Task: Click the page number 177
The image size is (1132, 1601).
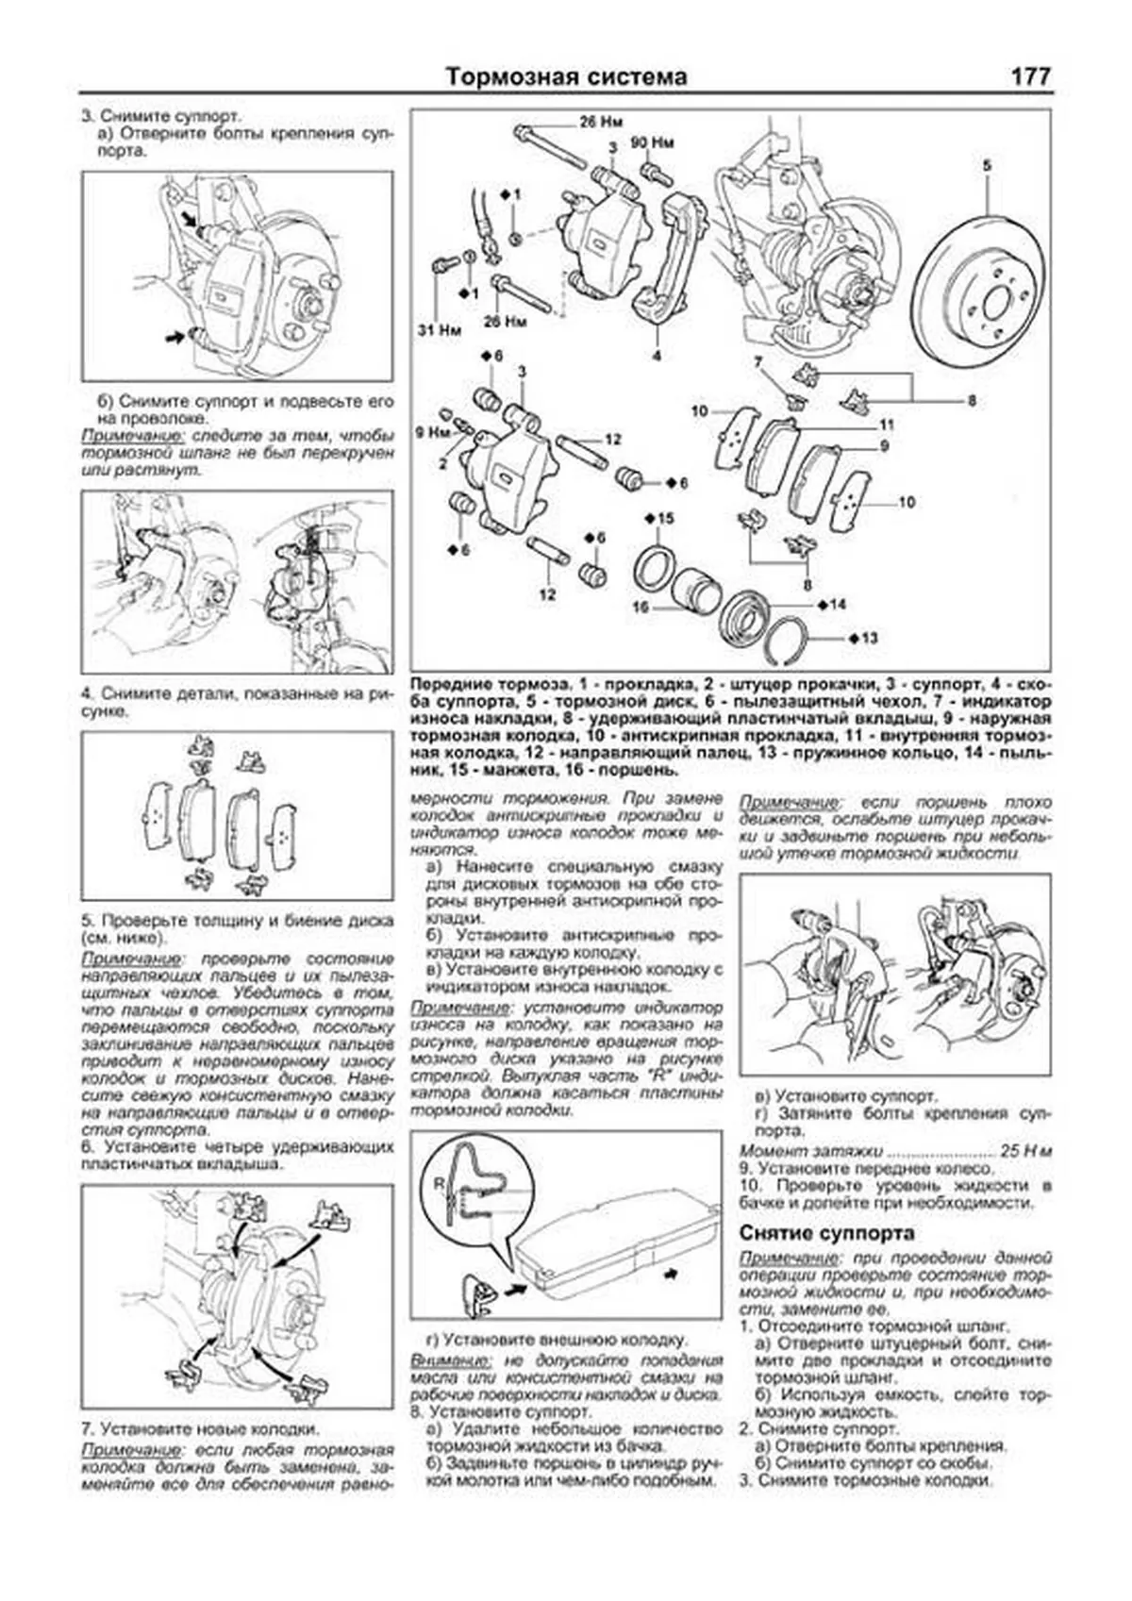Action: coord(1030,76)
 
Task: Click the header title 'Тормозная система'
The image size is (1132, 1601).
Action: coord(566,77)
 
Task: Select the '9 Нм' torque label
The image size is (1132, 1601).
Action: coord(433,433)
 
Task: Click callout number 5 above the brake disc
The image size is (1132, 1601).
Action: coord(987,166)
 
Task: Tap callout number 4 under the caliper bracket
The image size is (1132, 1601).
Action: coord(657,356)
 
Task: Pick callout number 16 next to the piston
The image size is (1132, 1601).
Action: coord(641,609)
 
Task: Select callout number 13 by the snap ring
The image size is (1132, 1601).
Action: coord(869,639)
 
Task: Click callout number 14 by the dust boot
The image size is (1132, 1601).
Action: coord(838,604)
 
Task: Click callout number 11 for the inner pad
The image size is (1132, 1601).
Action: coord(886,425)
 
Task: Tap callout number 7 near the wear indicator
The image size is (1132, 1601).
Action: coord(757,361)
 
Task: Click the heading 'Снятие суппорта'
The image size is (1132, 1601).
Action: coord(826,1233)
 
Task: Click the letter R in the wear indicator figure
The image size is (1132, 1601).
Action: coord(440,1181)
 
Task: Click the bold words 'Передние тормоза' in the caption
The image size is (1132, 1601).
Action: coord(490,682)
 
